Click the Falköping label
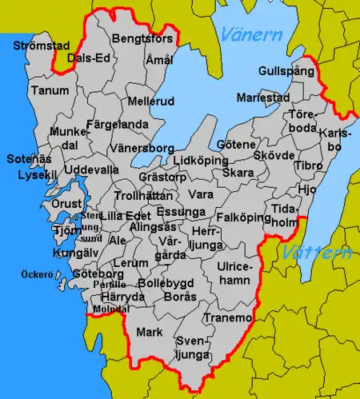(240, 217)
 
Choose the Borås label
(179, 296)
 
